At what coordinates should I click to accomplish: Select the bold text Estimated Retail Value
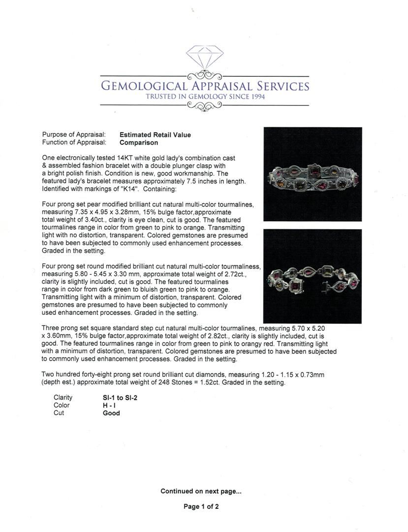pyautogui.click(x=155, y=134)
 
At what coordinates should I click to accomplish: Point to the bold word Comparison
pyautogui.click(x=139, y=142)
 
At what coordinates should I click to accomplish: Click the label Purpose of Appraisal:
pyautogui.click(x=74, y=134)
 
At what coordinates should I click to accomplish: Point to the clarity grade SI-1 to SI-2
pyautogui.click(x=117, y=398)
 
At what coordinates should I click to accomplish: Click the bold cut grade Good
pyautogui.click(x=111, y=413)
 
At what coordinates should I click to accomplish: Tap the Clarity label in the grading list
pyautogui.click(x=63, y=398)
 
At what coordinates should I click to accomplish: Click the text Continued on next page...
pyautogui.click(x=201, y=491)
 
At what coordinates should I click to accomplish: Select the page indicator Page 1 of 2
pyautogui.click(x=201, y=506)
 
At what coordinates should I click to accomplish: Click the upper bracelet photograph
pyautogui.click(x=313, y=174)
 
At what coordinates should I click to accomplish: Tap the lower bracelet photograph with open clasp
pyautogui.click(x=313, y=276)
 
